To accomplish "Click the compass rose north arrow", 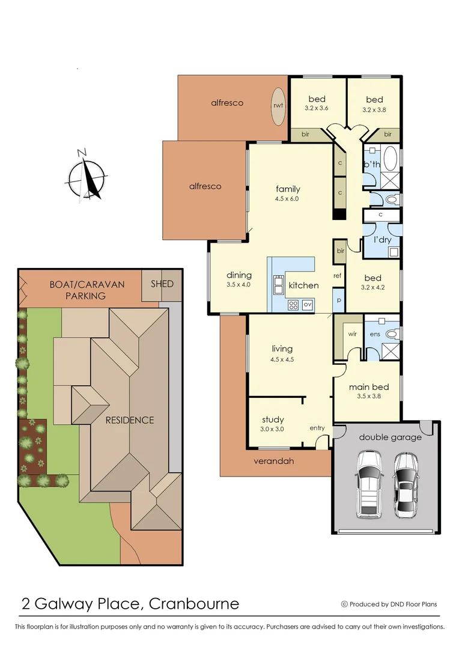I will click(88, 175).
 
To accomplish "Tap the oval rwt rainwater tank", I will click(278, 106).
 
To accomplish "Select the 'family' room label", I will click(288, 189).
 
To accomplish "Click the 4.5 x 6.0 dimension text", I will click(288, 199).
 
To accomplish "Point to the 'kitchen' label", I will click(303, 285).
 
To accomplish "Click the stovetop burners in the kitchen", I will click(293, 305).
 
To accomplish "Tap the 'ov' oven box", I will click(307, 305).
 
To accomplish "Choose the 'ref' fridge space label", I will click(338, 276).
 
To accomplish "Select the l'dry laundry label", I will click(383, 240).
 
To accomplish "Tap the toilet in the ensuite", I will click(391, 333).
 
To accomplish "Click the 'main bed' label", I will click(369, 387).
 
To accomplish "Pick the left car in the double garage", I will click(369, 485).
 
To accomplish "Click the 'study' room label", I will click(273, 419).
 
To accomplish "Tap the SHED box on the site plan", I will click(162, 284).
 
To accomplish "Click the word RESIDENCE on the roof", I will click(130, 420).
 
